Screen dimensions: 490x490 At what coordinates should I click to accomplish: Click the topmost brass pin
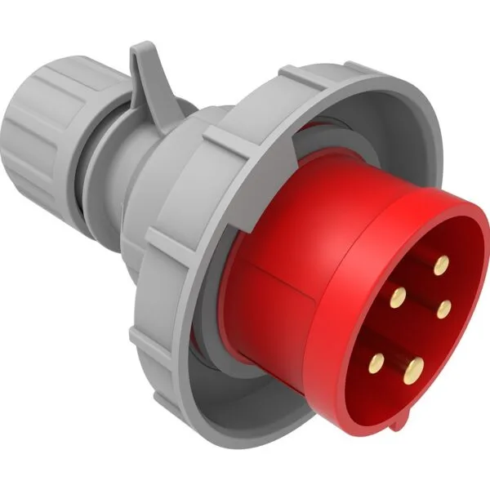442,263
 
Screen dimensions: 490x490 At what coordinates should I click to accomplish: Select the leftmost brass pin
381,359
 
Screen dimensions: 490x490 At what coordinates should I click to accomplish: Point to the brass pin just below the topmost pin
445,306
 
